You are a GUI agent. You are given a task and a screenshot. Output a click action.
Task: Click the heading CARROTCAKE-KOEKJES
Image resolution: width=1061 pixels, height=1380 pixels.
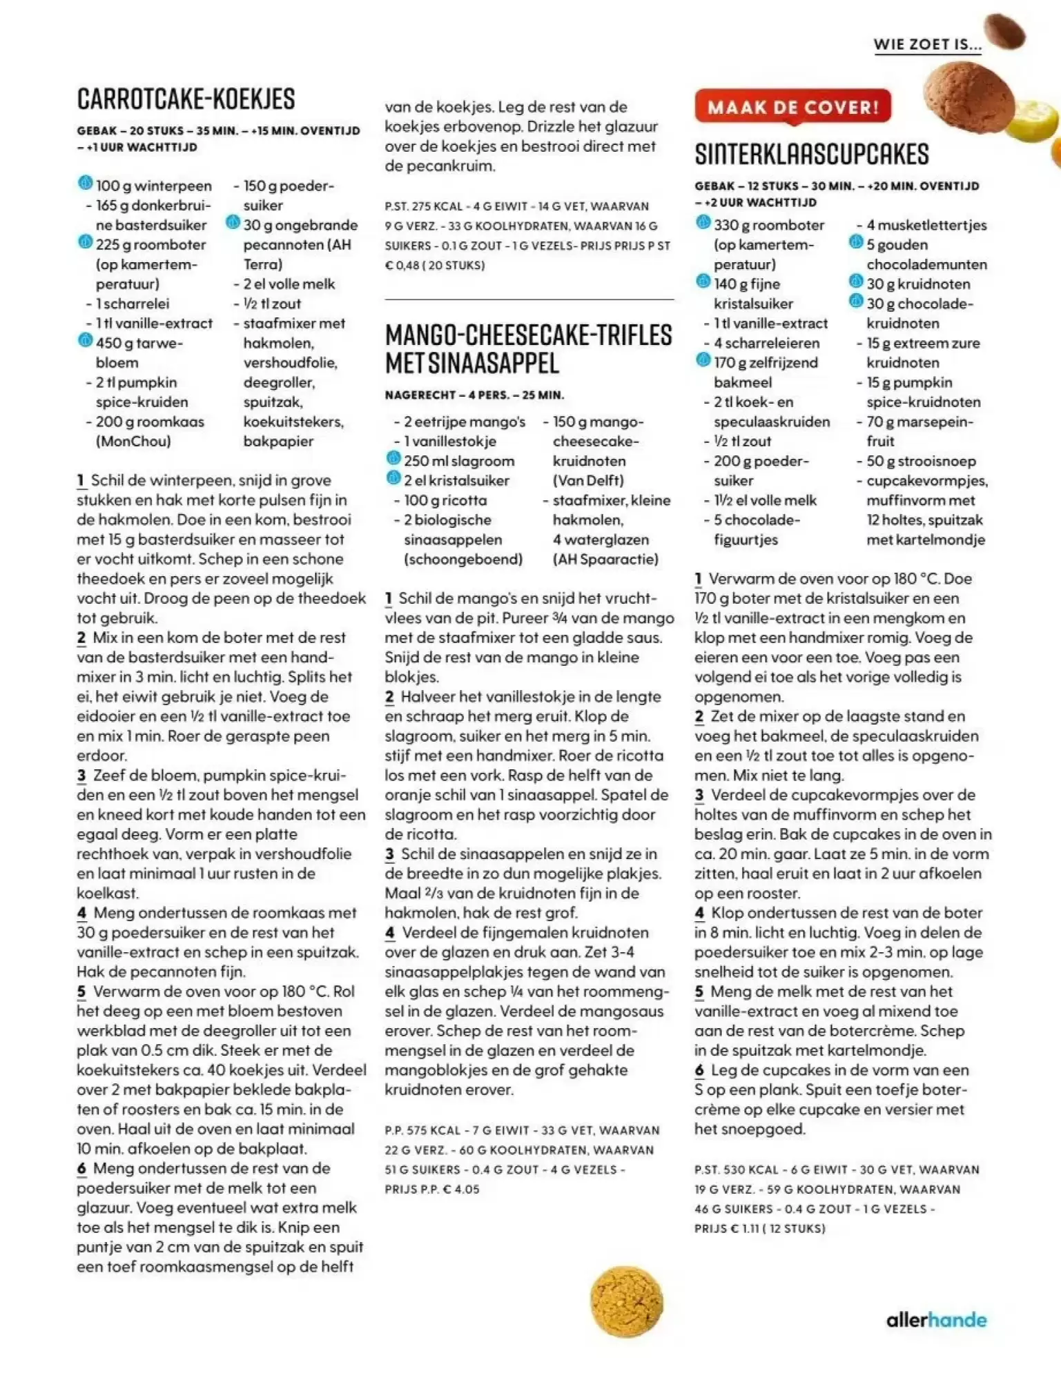186,99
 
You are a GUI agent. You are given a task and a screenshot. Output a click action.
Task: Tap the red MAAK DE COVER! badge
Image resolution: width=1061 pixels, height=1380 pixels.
792,107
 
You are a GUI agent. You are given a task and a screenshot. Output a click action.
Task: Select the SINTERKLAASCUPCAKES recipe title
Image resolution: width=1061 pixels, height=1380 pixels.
812,155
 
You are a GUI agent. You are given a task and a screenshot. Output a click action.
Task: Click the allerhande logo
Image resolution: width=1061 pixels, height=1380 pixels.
936,1320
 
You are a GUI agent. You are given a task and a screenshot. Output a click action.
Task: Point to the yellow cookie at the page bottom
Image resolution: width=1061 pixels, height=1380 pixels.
626,1301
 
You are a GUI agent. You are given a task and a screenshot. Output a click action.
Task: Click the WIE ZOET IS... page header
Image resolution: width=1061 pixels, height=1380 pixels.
927,45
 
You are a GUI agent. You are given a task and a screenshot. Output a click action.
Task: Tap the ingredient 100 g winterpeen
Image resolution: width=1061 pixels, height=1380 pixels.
153,186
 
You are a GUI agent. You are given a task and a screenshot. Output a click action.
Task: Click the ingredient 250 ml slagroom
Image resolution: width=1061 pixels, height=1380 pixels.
459,461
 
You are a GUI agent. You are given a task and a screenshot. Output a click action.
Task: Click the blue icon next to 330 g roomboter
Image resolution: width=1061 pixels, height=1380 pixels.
703,223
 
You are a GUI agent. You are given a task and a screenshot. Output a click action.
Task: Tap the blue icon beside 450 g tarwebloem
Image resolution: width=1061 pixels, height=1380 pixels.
85,341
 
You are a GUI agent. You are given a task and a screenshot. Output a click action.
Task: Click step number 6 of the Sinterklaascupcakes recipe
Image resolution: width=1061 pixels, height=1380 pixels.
699,1070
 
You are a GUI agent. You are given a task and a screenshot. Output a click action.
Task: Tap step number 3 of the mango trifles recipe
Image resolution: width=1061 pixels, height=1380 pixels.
390,854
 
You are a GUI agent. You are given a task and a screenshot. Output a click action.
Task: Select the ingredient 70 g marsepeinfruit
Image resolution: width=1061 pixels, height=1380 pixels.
919,431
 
